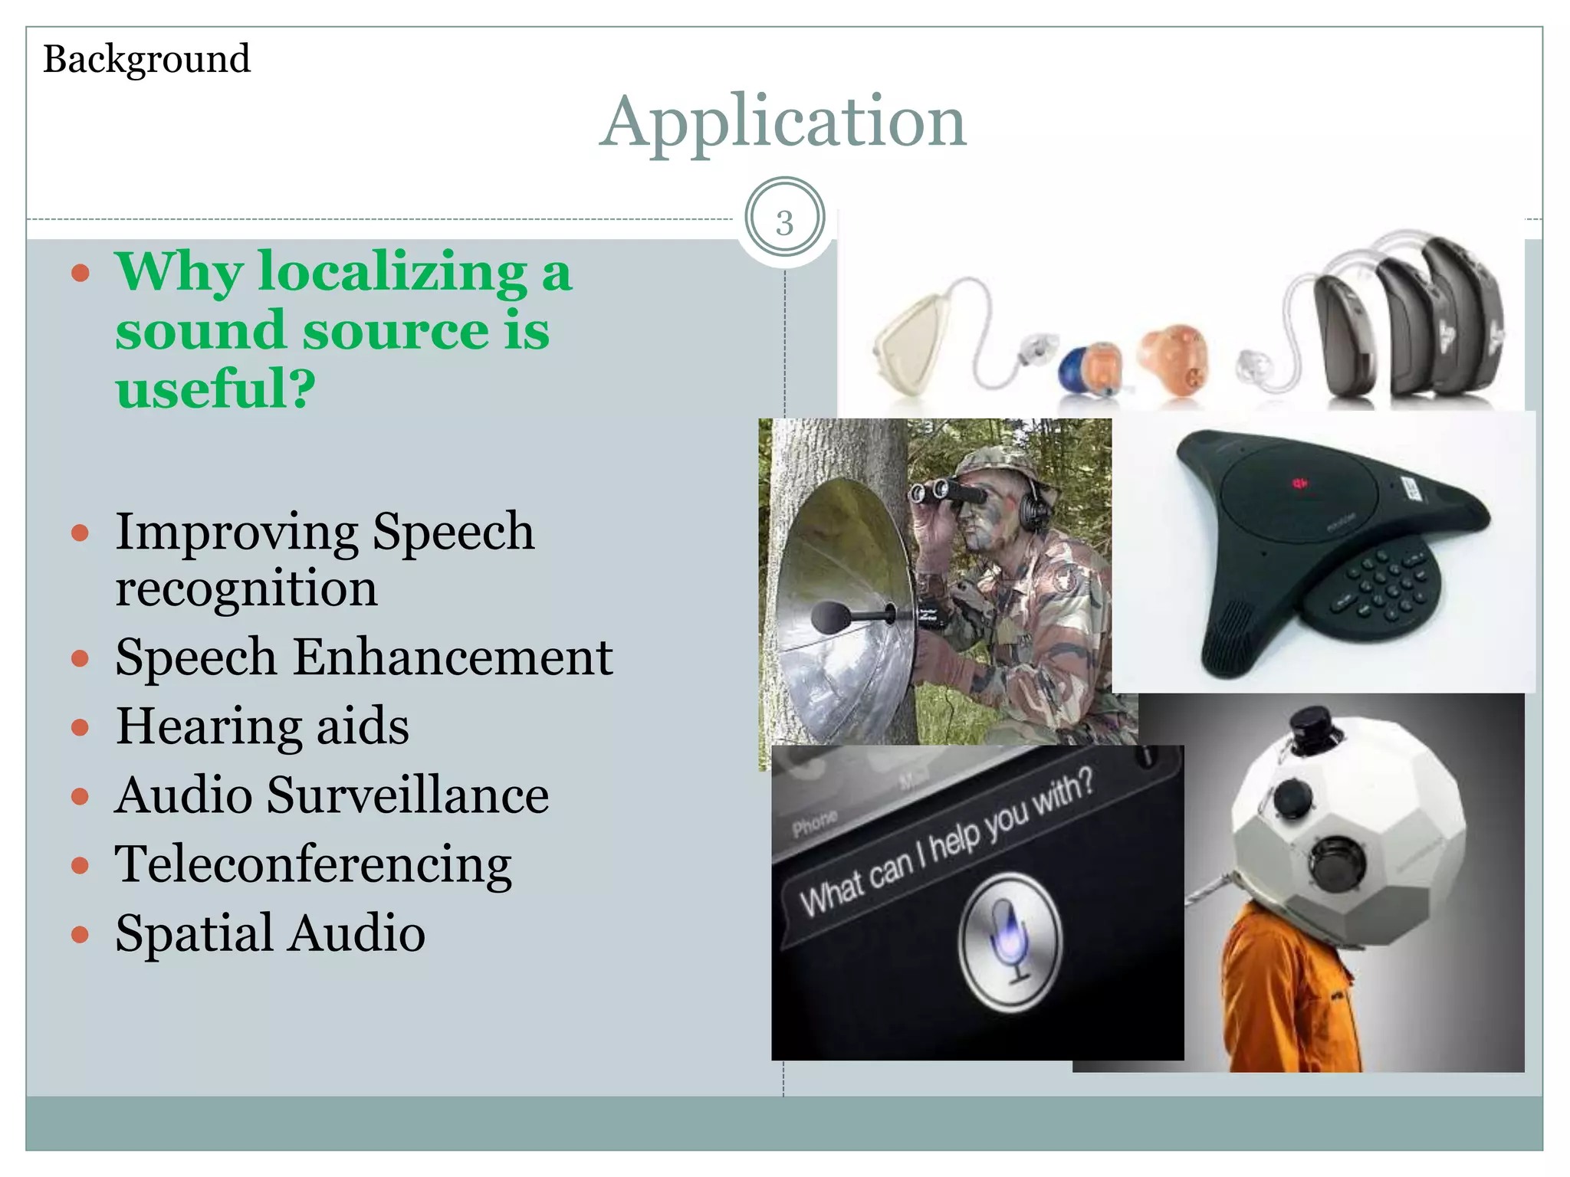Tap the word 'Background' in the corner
point(146,59)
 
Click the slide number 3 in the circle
point(784,223)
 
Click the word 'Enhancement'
point(452,657)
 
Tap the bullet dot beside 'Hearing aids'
point(80,726)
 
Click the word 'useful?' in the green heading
point(215,388)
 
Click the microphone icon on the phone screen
point(1010,941)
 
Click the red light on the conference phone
point(1299,484)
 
